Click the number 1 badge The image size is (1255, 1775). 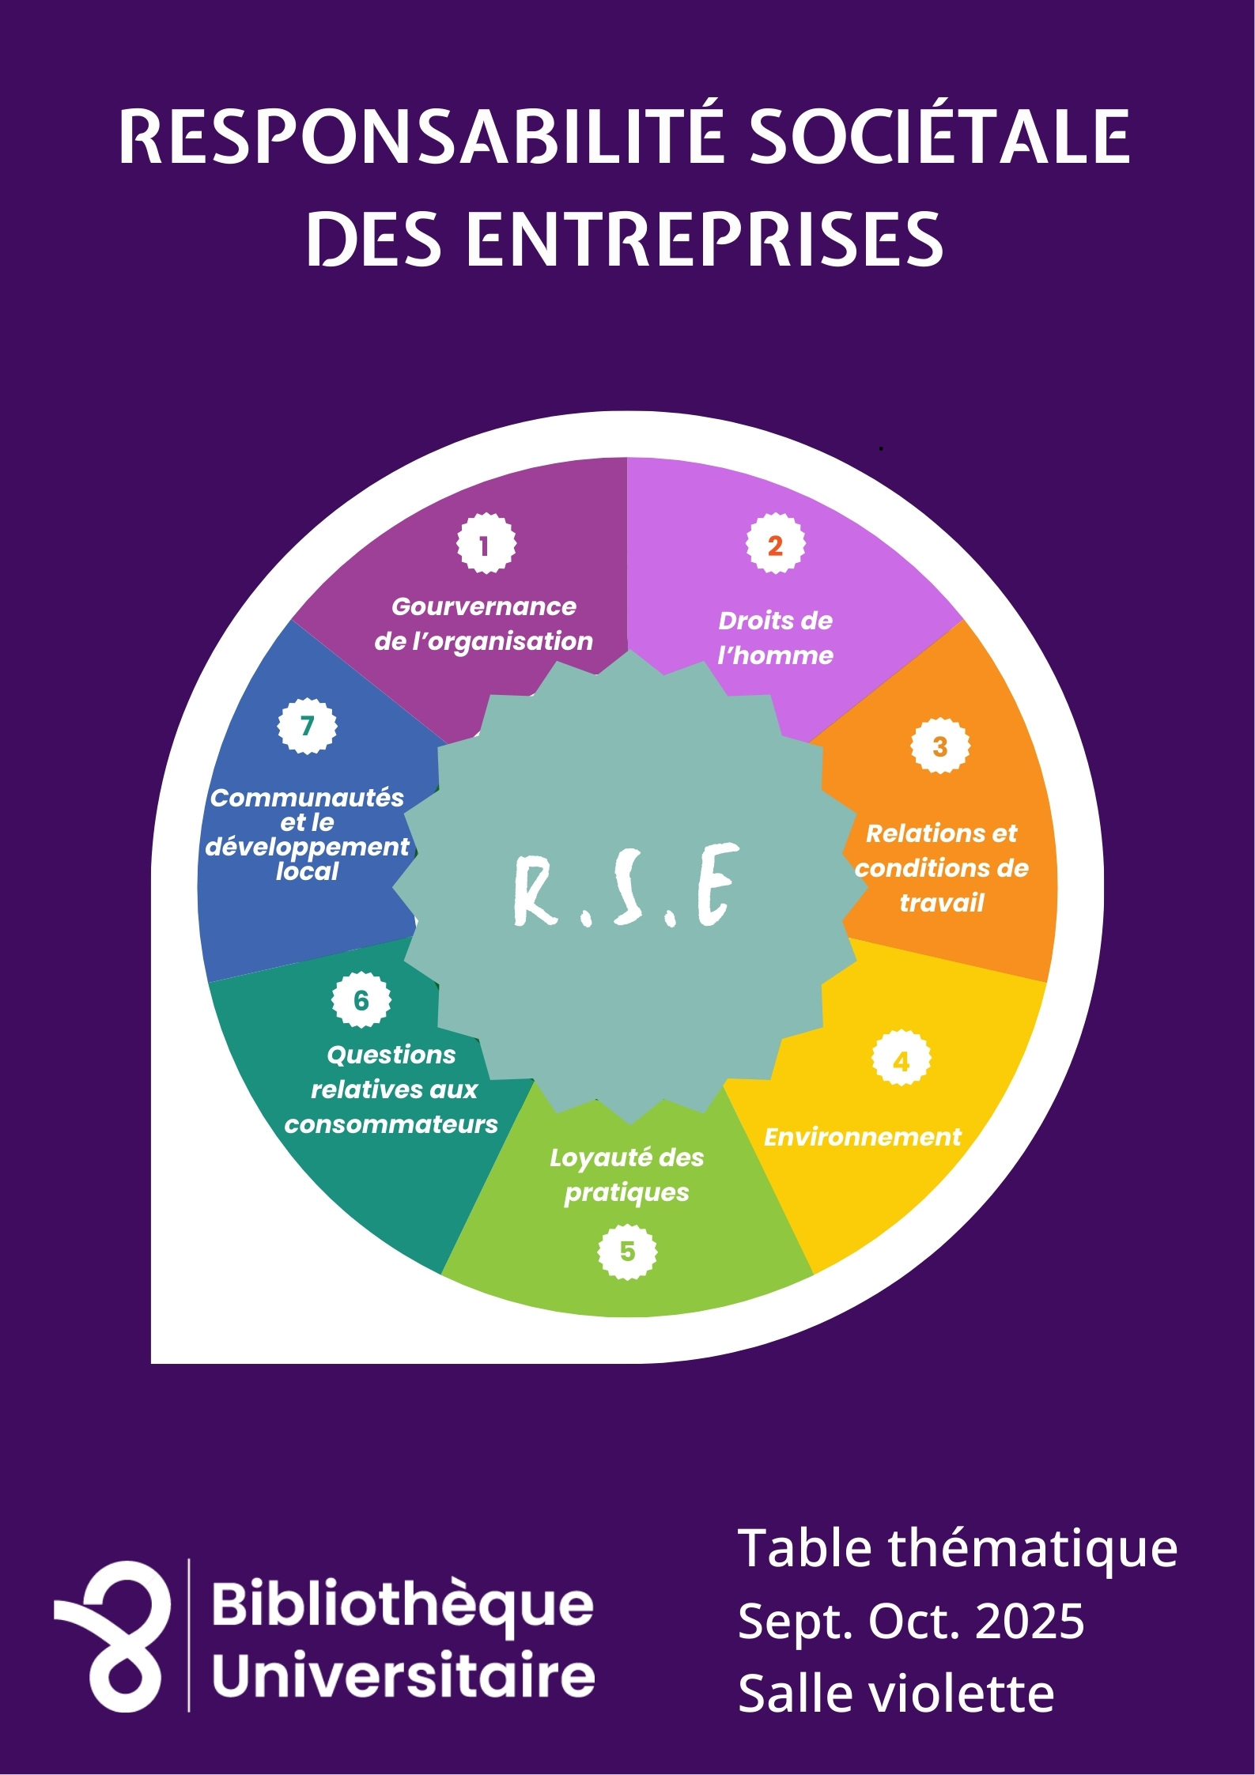[486, 544]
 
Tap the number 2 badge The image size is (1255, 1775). [775, 545]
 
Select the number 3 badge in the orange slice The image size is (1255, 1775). [939, 746]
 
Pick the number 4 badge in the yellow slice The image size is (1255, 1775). [901, 1061]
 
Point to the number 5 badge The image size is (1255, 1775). [627, 1251]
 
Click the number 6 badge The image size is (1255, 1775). [361, 1000]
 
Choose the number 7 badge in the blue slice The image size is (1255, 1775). [307, 725]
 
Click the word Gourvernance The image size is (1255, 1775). [484, 606]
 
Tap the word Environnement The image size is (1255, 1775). [862, 1137]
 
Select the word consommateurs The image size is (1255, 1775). [391, 1124]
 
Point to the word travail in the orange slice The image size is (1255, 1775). [941, 903]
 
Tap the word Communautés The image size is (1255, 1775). [307, 798]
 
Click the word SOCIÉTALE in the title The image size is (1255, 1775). [939, 137]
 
